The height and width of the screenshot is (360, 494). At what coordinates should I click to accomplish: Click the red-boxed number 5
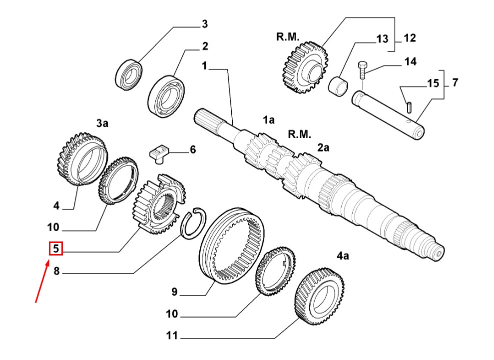point(56,248)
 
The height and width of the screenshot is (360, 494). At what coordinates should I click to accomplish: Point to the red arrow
point(42,281)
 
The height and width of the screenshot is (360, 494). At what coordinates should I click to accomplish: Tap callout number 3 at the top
point(205,24)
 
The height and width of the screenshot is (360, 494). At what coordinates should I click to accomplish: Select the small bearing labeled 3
point(129,74)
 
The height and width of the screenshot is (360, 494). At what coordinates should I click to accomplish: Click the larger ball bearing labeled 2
point(166,96)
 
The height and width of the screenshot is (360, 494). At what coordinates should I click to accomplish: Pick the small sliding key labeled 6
point(159,153)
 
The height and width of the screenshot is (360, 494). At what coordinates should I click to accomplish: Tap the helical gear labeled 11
point(320,297)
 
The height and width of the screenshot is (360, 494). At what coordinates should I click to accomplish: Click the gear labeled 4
point(82,159)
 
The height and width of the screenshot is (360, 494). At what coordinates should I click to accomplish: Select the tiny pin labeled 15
point(409,106)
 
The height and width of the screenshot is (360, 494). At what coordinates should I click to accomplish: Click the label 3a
point(102,123)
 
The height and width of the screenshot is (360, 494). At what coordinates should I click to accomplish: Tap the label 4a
point(343,255)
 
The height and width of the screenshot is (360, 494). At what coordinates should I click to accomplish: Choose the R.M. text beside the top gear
point(288,37)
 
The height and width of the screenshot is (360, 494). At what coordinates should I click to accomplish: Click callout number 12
point(410,38)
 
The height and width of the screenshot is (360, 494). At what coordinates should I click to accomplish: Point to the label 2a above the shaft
point(323,147)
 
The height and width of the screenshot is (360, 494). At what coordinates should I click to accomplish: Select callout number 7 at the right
point(455,82)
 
